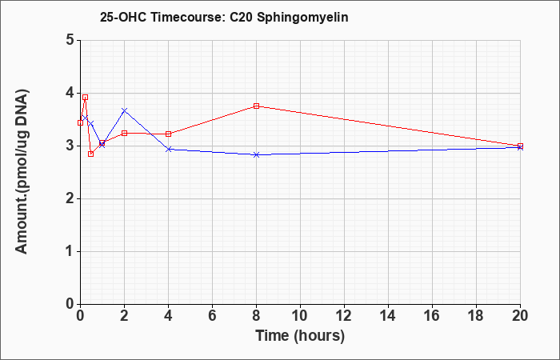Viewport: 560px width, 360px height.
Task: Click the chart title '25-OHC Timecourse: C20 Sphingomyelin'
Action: coord(224,18)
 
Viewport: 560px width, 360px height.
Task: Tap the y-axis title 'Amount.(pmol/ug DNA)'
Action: coord(22,172)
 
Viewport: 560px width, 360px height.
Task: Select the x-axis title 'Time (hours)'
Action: coord(300,336)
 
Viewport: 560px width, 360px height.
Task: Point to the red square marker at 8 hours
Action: coord(256,106)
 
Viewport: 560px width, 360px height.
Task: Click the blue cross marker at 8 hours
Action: coord(256,154)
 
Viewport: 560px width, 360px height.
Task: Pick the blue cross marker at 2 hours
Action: coord(124,110)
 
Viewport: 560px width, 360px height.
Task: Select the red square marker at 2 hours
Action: coord(124,134)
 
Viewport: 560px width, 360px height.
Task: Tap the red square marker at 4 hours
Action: coord(168,134)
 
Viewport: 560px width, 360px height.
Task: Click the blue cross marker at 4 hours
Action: coord(168,149)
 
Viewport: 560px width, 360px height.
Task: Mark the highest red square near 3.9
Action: coord(85,97)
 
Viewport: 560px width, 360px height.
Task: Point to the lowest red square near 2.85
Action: coord(90,154)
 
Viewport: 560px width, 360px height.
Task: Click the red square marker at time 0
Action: coord(80,123)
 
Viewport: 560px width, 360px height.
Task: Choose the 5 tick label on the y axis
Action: coord(70,40)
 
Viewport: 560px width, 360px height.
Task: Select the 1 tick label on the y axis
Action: coord(70,252)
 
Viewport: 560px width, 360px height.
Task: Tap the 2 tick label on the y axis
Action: coord(70,199)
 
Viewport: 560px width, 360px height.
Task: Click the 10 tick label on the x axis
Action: coord(300,316)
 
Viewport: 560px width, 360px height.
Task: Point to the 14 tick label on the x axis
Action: coord(388,316)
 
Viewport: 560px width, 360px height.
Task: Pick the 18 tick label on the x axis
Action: coord(476,316)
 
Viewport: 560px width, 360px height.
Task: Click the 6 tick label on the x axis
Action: coord(212,316)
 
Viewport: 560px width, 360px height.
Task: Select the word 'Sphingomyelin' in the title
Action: coord(302,18)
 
